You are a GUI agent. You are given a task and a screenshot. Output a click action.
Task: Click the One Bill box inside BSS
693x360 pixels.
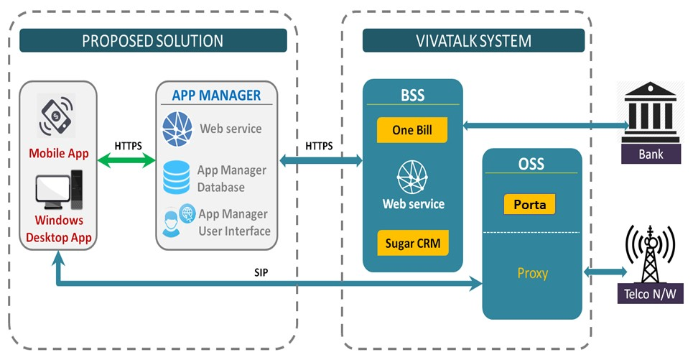click(x=412, y=131)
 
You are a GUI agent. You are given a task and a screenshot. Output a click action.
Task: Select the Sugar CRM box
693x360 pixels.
click(x=412, y=243)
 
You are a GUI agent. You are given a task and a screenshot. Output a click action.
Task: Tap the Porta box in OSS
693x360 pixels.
click(x=529, y=205)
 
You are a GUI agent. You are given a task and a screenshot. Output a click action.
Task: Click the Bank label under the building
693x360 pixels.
click(x=651, y=154)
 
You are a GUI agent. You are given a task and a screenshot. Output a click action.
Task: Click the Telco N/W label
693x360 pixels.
click(x=651, y=293)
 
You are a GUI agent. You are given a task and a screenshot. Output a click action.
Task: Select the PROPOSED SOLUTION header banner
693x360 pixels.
click(x=153, y=40)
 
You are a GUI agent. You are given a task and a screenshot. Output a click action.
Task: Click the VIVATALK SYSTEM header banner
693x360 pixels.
click(x=473, y=40)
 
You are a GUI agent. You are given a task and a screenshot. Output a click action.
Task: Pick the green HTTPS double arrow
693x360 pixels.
click(x=128, y=161)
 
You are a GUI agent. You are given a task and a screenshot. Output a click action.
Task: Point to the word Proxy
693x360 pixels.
click(x=532, y=273)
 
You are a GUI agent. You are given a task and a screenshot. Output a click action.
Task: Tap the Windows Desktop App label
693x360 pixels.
click(x=57, y=228)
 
